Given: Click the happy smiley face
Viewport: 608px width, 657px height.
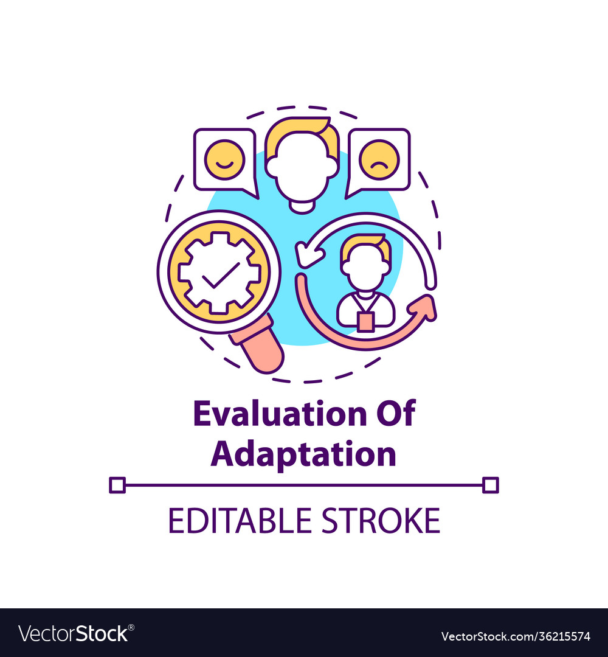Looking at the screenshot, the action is point(224,159).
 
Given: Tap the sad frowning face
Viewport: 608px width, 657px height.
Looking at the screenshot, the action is point(379,159).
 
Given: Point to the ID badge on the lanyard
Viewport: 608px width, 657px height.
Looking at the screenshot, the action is point(366,322).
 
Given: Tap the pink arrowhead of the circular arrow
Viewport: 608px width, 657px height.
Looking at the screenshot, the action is point(423,308).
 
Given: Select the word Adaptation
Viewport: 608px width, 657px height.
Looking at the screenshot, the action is point(303,454).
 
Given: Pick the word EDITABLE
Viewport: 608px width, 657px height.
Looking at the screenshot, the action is point(240,520).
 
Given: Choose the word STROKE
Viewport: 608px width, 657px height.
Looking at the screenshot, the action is point(381,520).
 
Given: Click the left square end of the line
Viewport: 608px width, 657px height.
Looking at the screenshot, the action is point(117,485).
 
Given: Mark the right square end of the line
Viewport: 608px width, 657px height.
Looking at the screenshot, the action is point(490,485).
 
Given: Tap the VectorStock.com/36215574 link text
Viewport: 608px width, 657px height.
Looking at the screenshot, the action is point(516,636).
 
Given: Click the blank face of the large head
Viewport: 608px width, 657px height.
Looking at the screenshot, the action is point(302,172).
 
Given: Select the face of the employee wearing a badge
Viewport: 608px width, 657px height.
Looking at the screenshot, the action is point(365,268).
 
